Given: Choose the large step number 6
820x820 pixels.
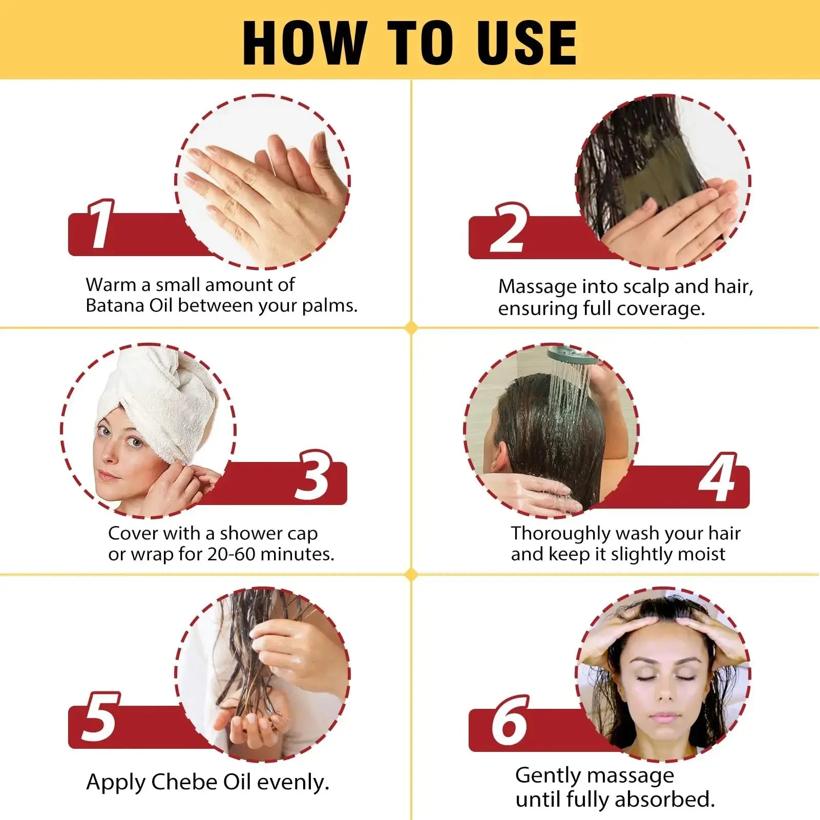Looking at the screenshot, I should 508,721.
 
